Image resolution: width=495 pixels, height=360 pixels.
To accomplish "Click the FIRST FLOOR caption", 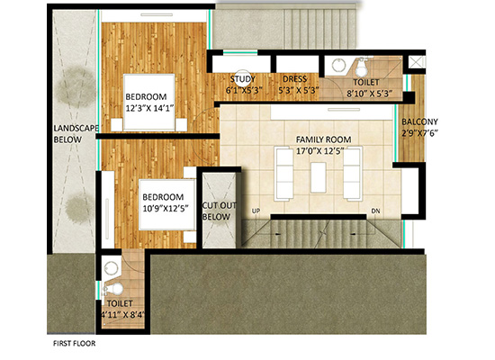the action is pos(74,343).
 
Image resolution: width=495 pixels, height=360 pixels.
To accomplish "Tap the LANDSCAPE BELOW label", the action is pos(76,134).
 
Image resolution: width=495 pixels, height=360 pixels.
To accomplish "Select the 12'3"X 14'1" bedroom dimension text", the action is pos(150,108).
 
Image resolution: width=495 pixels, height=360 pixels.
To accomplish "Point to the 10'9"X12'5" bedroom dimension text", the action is pos(166,209).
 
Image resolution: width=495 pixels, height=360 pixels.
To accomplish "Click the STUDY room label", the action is pos(242,79).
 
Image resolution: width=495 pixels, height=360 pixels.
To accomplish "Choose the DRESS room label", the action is pos(295,79).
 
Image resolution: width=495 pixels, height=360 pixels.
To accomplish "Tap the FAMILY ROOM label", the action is pos(324,139).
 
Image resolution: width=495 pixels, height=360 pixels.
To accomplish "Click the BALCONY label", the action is pos(419,121).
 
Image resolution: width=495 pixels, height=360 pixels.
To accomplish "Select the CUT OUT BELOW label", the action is pos(219,211).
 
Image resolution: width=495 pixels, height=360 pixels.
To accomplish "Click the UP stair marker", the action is pos(256,211).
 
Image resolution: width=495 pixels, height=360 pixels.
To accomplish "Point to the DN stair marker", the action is pos(375,211).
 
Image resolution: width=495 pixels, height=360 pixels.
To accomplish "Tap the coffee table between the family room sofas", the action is pos(319,177).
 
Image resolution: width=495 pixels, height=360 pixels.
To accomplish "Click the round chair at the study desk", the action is pos(242,78).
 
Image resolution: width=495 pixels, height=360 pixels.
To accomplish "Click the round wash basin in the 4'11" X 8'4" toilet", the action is pos(111,269).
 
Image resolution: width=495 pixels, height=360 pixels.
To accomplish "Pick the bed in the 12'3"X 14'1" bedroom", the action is pos(149,102).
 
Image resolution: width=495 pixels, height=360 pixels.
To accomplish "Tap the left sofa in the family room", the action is pos(283,174).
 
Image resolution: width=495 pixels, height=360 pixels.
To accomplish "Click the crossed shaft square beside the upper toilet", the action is pos(417,62).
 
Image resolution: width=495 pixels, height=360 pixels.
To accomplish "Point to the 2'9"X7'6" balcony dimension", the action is pos(420,133).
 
